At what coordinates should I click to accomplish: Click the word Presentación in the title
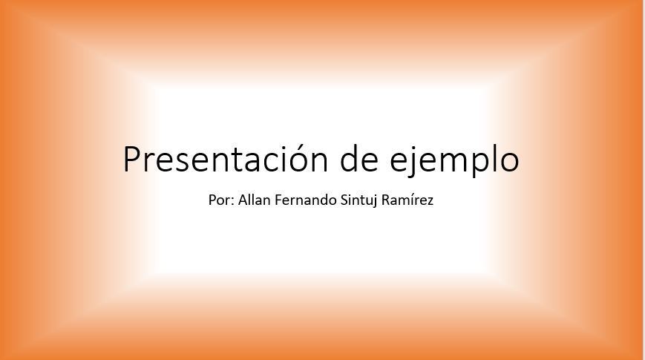point(226,158)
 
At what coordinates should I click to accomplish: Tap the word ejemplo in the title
point(454,161)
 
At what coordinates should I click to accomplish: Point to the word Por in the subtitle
point(219,200)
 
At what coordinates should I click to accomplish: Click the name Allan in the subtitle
point(255,200)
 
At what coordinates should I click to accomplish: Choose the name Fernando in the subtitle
point(306,200)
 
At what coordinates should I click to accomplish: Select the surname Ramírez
point(407,200)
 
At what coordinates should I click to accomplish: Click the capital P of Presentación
point(131,159)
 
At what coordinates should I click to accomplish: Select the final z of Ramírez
point(430,202)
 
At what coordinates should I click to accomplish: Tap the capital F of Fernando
point(278,200)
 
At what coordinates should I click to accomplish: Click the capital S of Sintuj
point(344,200)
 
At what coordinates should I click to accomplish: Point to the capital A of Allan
point(243,200)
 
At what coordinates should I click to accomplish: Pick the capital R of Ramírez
point(386,200)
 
